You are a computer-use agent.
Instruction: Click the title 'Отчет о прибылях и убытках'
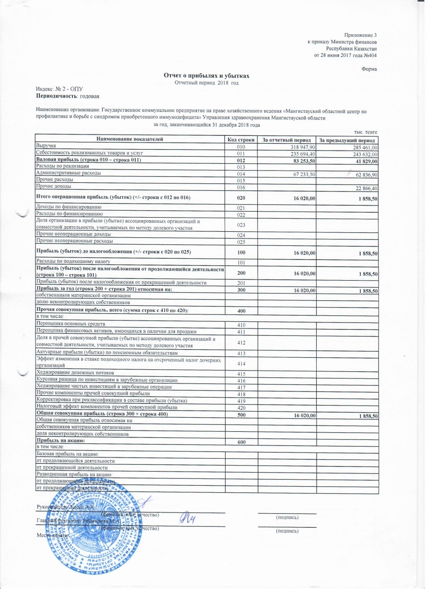click(206, 76)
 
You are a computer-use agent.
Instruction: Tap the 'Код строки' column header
click(241, 140)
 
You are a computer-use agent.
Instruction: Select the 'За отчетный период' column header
click(286, 140)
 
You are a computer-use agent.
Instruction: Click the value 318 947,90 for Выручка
click(303, 147)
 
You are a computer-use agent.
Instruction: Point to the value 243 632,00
click(365, 155)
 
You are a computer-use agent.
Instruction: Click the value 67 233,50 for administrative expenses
click(304, 174)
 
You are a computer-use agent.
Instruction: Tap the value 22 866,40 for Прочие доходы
click(366, 188)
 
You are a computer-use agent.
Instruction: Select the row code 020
click(241, 198)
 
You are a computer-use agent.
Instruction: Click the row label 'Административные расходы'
click(68, 173)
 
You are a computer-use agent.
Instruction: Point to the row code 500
click(241, 415)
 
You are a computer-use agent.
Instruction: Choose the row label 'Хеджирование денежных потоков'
click(75, 373)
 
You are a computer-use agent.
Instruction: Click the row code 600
click(241, 442)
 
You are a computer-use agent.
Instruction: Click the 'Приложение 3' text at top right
click(360, 35)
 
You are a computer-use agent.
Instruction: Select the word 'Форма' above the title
click(369, 69)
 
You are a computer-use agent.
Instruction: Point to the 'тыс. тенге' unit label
click(366, 132)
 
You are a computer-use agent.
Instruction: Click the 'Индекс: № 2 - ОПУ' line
click(59, 89)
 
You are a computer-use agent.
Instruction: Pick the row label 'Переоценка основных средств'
click(71, 324)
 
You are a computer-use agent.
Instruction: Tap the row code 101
click(241, 263)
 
